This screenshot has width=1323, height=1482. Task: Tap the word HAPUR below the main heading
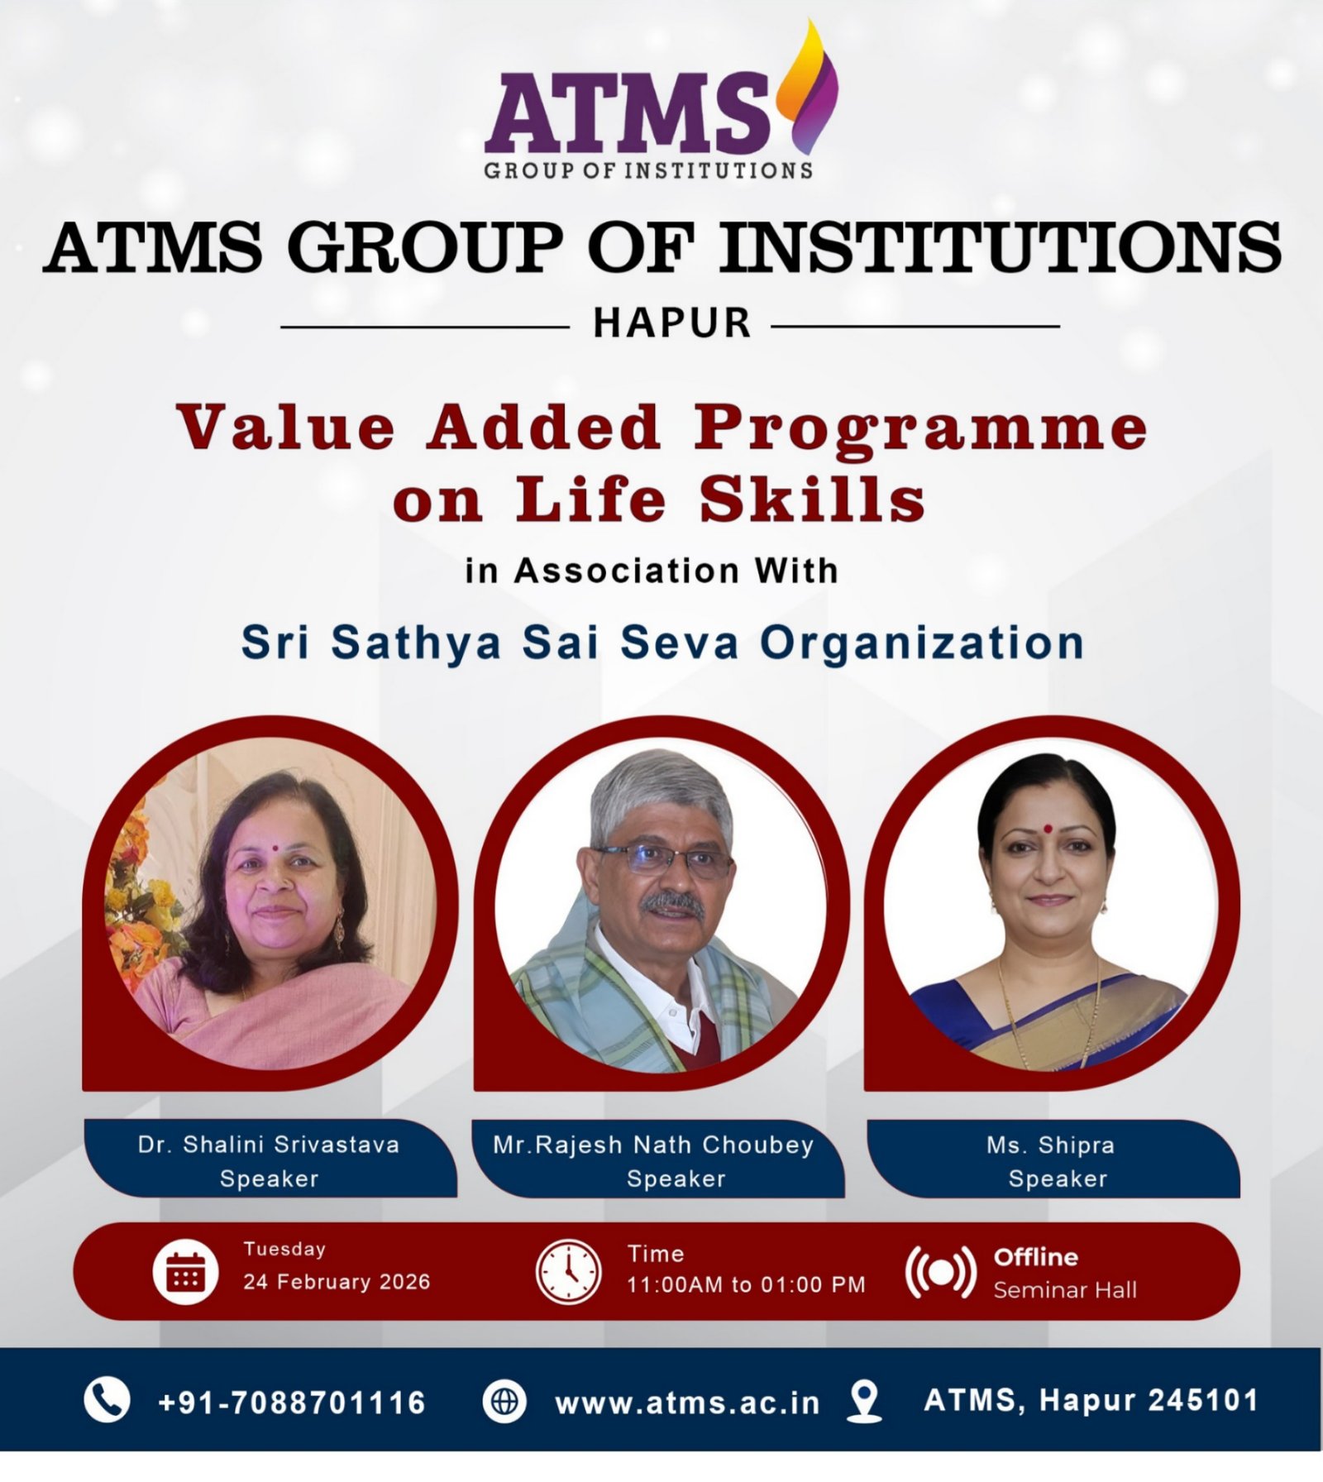coord(672,323)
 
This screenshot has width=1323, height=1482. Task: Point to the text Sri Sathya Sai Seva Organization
coord(662,643)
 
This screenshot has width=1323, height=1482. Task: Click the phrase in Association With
coord(652,571)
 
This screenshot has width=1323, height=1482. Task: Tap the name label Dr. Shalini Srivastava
coord(269,1145)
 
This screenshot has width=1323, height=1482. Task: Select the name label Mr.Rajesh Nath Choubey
coord(653,1145)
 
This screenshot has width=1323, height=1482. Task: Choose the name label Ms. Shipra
coord(1050,1145)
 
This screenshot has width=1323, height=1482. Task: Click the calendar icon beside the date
coord(186,1271)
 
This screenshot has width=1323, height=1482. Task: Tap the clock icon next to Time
coord(568,1271)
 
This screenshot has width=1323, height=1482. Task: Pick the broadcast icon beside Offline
coord(941,1272)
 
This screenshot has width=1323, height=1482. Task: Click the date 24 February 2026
coord(337,1282)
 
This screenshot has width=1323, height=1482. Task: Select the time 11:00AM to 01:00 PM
coord(746,1284)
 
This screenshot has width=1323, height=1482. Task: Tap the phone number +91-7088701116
coord(291,1403)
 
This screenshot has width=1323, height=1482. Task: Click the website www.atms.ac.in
coord(687,1403)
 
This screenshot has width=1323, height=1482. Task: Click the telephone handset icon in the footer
coord(107,1401)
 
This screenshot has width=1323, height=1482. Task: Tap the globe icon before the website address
coord(504,1402)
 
